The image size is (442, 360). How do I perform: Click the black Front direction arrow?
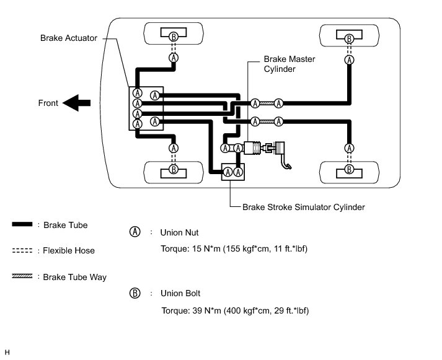tap(76, 103)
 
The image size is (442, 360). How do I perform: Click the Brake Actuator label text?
tap(68, 38)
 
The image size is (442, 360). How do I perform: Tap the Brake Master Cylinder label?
tap(290, 64)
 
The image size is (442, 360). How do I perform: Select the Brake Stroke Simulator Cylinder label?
tap(304, 208)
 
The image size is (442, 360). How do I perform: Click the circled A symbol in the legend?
tap(135, 232)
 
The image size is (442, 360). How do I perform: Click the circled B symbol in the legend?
tap(135, 293)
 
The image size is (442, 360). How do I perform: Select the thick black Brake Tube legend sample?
tap(22, 224)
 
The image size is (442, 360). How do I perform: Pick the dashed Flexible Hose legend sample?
tap(22, 250)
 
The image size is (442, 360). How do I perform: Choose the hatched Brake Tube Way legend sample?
tap(22, 276)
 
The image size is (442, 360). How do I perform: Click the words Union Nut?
tap(179, 233)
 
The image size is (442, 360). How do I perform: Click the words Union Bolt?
tap(180, 294)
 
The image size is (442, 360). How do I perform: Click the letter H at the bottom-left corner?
tap(7, 353)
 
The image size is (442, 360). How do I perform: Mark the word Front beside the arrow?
tap(48, 103)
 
